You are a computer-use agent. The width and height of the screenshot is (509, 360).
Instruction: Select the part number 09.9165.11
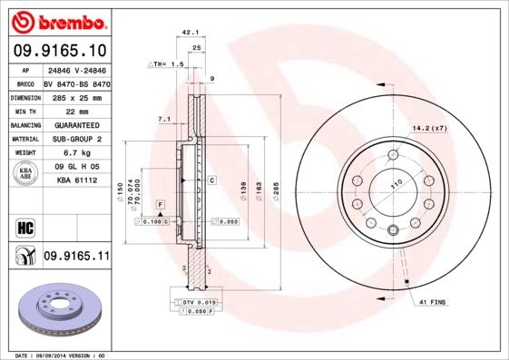(76, 257)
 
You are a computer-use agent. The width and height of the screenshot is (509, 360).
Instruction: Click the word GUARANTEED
(76, 125)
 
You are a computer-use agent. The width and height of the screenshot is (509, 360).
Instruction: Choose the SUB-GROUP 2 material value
(76, 139)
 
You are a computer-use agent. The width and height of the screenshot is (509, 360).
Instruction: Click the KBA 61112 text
(76, 181)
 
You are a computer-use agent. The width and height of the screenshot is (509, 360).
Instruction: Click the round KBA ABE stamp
(24, 175)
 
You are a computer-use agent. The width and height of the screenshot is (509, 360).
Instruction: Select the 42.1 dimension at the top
(191, 32)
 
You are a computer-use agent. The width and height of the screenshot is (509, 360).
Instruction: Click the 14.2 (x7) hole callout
(430, 129)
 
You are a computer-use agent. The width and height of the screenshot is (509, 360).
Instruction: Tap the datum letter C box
(210, 180)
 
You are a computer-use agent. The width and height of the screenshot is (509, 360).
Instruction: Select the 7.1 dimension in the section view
(164, 119)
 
